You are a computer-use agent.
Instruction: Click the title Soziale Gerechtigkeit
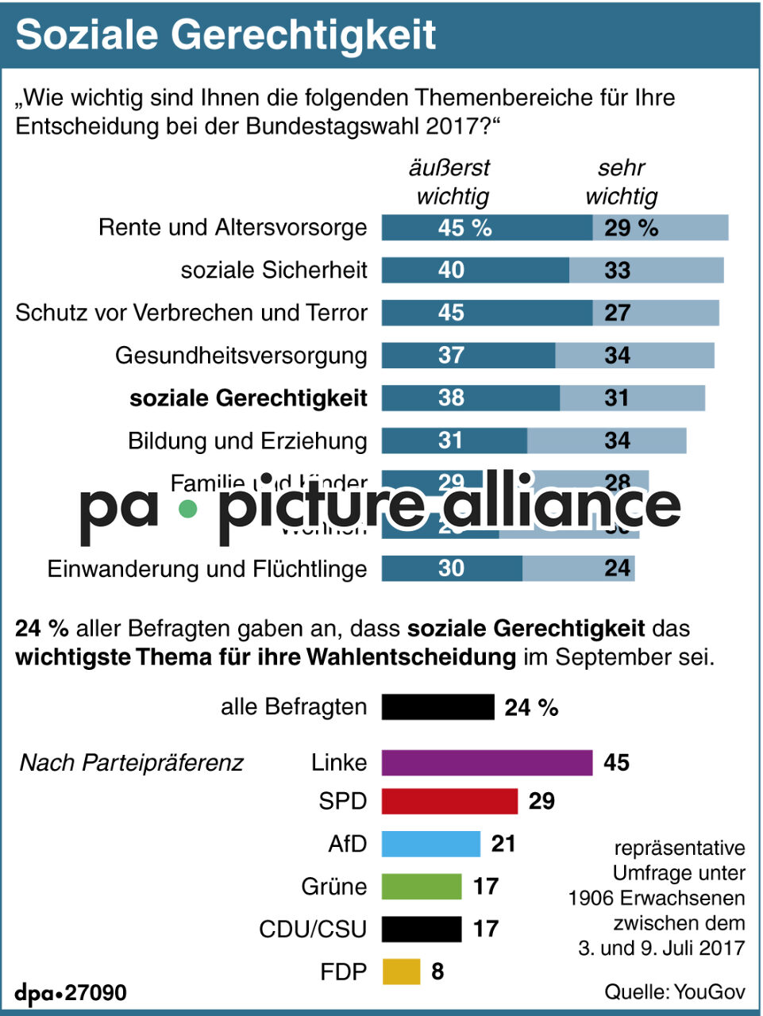[225, 35]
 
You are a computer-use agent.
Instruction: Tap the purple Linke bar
[487, 762]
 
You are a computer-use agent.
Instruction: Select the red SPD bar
[449, 801]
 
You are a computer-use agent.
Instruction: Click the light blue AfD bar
[430, 844]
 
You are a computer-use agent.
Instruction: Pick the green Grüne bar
[421, 886]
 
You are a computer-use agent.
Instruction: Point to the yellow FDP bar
[401, 972]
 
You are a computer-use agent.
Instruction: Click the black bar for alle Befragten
[437, 706]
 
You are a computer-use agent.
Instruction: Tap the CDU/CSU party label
[313, 929]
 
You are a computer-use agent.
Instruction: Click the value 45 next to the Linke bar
[616, 762]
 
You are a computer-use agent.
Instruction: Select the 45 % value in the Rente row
[464, 228]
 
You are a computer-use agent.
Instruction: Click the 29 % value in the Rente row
[631, 228]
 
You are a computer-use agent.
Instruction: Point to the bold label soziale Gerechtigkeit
[249, 398]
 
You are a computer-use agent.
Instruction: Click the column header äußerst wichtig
[452, 182]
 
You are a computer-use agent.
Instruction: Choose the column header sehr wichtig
[622, 182]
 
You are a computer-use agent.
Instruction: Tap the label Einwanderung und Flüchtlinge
[207, 568]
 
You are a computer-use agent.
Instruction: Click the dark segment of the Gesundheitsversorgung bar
[468, 356]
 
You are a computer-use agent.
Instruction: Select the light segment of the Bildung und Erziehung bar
[607, 441]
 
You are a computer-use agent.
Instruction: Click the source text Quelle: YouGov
[675, 991]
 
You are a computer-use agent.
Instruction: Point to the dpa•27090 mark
[71, 993]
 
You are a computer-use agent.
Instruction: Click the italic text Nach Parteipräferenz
[132, 763]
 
